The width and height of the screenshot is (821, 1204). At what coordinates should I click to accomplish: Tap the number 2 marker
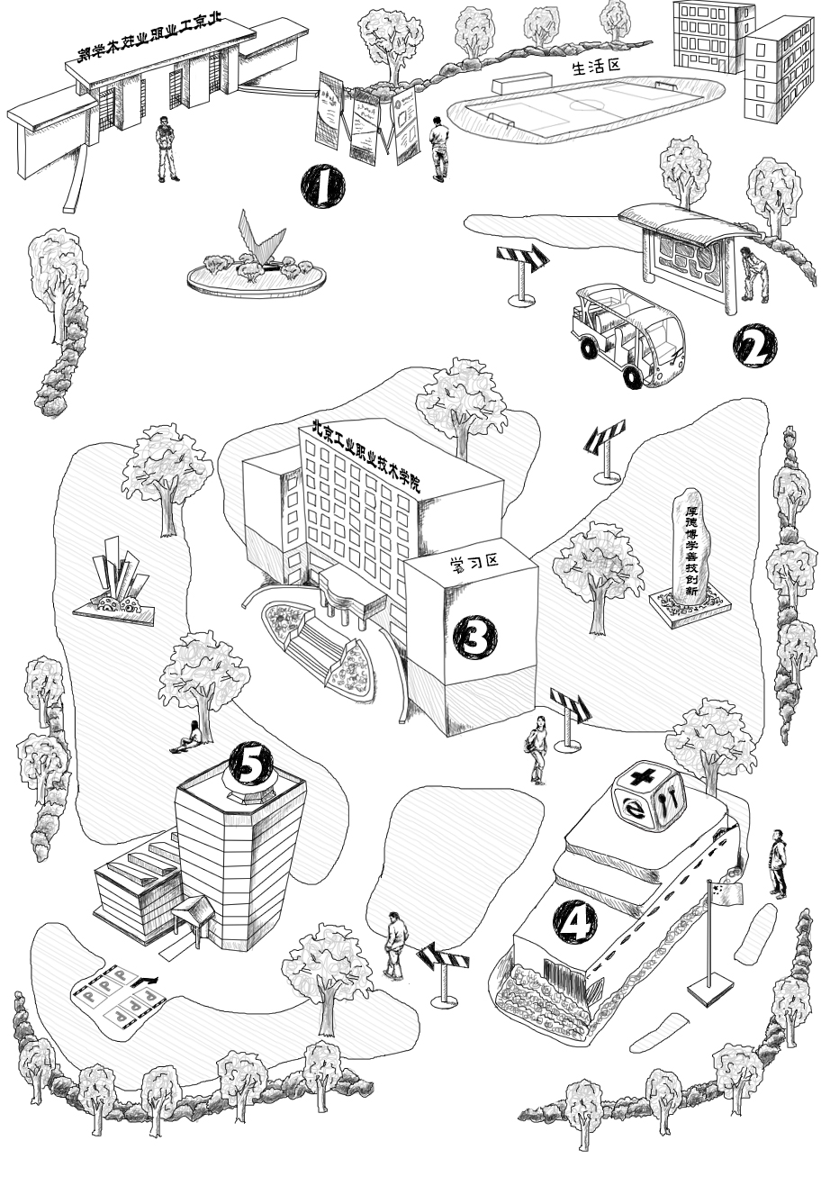point(754,347)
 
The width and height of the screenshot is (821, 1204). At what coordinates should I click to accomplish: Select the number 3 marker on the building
point(474,638)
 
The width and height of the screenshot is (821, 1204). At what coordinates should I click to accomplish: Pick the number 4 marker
point(575,921)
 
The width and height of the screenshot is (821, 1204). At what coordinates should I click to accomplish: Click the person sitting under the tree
point(187,739)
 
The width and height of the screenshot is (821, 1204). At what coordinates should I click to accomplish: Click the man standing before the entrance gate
point(167,149)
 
